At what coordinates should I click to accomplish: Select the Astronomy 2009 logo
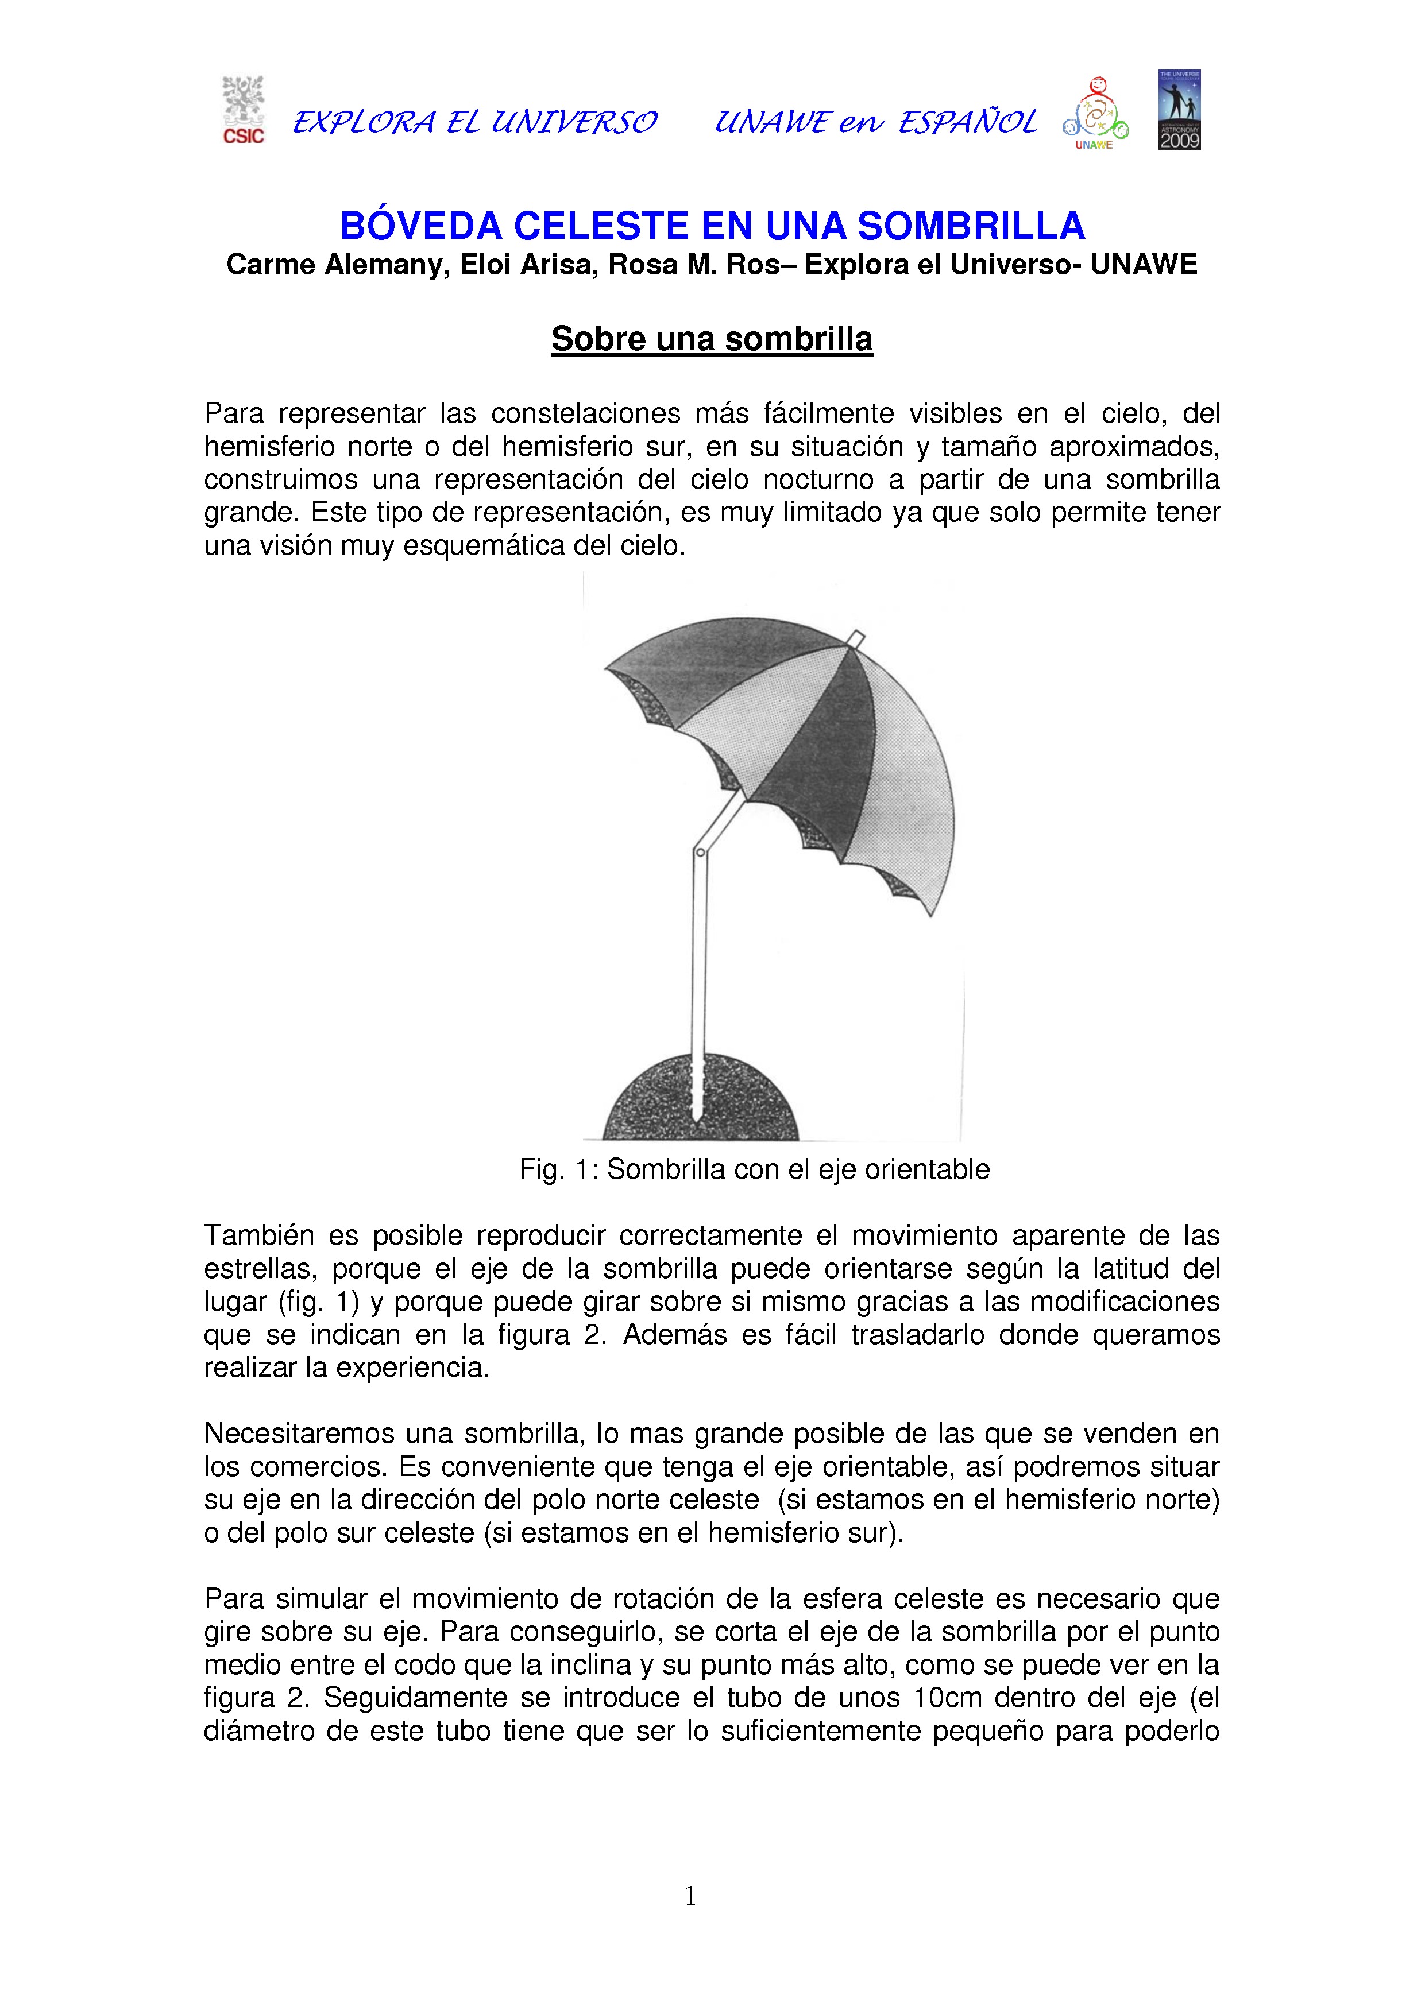coord(1179,110)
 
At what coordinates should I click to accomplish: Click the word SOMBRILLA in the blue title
coord(971,226)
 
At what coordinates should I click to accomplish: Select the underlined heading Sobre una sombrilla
coord(712,339)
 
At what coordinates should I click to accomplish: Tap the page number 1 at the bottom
coord(690,1896)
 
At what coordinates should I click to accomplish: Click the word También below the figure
coord(259,1235)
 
